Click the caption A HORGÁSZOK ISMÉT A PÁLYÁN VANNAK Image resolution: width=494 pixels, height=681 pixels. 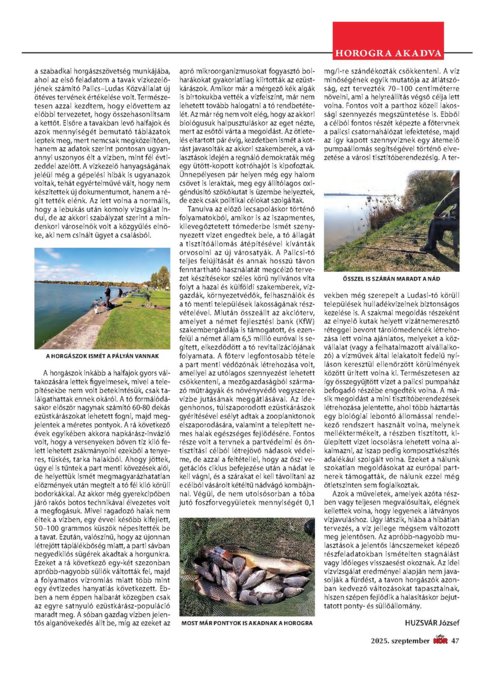pyautogui.click(x=103, y=357)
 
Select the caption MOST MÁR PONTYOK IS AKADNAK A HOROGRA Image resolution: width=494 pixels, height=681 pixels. pyautogui.click(x=246, y=624)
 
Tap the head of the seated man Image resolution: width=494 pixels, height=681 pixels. pyautogui.click(x=454, y=178)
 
